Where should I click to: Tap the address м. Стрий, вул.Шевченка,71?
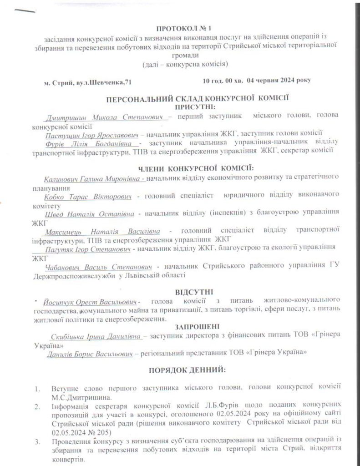pos(85,82)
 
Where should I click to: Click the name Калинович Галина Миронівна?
pos(92,179)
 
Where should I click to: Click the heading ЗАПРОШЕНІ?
pos(194,326)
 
